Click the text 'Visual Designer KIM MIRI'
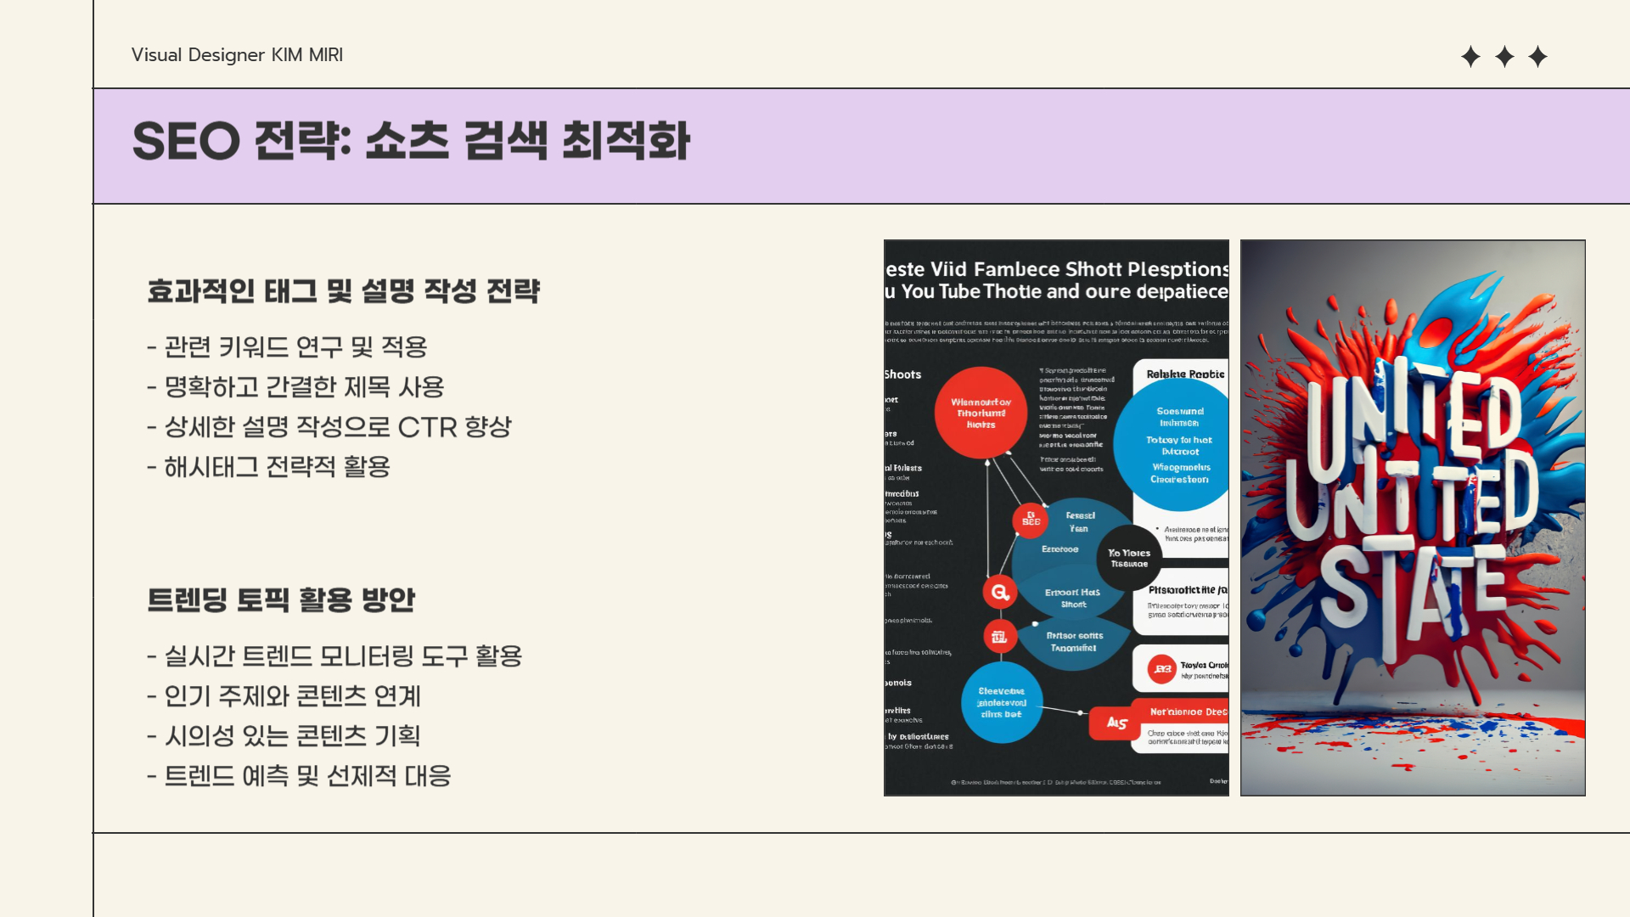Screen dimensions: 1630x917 click(237, 55)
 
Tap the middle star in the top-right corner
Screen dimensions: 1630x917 click(1504, 57)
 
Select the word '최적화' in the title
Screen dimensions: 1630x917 click(627, 141)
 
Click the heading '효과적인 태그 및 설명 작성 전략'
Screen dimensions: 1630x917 click(343, 291)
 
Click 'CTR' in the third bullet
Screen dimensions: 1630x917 click(427, 427)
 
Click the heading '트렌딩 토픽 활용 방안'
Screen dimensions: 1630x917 click(281, 600)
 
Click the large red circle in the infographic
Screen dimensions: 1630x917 click(981, 413)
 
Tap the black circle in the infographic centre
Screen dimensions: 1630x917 click(1128, 558)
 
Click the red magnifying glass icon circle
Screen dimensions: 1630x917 click(1000, 592)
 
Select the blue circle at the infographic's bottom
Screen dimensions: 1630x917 click(1002, 702)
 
